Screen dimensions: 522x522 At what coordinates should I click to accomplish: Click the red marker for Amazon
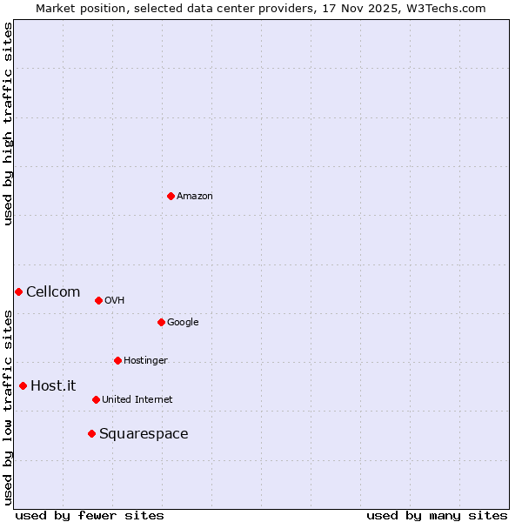(171, 196)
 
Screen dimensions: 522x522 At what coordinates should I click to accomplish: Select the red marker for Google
(161, 322)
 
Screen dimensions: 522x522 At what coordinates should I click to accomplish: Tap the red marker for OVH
(98, 300)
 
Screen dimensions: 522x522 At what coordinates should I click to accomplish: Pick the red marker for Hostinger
(117, 360)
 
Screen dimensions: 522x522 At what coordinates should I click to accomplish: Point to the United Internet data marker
(96, 399)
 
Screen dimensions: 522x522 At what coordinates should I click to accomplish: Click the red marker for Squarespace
(91, 433)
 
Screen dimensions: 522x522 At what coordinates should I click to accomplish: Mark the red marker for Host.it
(23, 385)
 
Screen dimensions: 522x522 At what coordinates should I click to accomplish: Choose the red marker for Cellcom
(18, 291)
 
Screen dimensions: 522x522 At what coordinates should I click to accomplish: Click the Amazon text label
(195, 197)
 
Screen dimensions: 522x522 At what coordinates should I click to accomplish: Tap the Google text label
(183, 323)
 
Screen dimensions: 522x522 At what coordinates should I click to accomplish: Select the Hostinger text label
(145, 361)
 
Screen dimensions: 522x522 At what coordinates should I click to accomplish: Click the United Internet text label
(137, 400)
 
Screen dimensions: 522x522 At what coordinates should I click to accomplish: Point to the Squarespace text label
(144, 434)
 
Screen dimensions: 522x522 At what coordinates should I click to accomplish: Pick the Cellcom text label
(53, 292)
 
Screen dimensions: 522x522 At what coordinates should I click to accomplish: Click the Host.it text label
(53, 386)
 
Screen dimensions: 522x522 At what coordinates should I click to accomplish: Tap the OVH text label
(114, 301)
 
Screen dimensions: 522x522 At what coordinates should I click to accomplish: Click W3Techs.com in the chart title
(443, 8)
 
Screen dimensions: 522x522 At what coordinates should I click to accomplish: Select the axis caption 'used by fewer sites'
(90, 515)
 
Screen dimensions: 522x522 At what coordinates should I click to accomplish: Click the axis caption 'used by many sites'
(437, 515)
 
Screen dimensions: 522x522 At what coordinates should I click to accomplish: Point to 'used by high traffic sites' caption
(8, 124)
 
